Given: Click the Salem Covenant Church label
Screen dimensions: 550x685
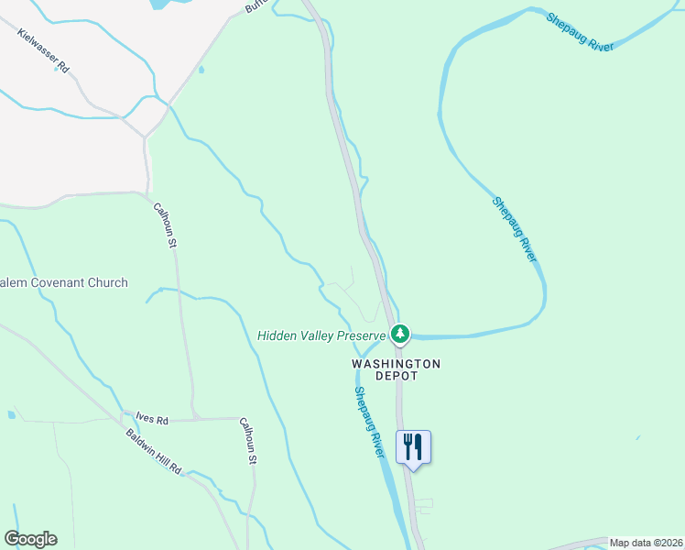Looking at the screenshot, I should [63, 282].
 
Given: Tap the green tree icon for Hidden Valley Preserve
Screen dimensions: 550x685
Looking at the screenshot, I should [399, 335].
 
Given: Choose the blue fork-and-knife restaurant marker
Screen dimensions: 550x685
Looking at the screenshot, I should [413, 447].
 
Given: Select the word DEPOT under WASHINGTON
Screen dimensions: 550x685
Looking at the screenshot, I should [397, 376].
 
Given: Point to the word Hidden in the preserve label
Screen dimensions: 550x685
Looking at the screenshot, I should [277, 335].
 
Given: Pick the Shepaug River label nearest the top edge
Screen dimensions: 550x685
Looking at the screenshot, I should [579, 32].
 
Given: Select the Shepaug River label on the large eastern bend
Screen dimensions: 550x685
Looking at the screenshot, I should [513, 229].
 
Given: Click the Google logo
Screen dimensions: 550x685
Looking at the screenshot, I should [30, 539].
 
